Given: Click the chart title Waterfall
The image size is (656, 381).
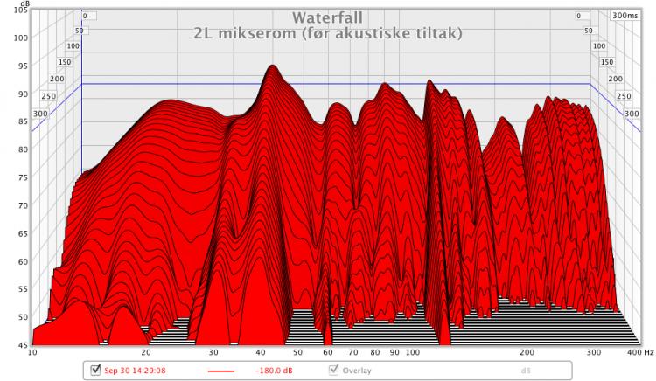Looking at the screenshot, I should (328, 17).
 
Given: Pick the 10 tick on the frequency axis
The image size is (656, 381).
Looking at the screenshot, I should (32, 353).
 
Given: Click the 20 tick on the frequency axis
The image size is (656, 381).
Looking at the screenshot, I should (146, 353).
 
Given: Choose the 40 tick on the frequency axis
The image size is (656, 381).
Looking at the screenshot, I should (261, 353).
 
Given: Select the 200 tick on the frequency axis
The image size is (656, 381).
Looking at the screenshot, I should (527, 353).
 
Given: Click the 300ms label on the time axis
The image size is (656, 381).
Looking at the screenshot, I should (626, 16).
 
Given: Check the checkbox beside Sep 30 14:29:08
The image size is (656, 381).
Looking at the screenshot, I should (95, 370).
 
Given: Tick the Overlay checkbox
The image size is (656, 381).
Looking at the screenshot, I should (333, 370).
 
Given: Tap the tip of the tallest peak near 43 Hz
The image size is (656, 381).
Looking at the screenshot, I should (273, 66).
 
